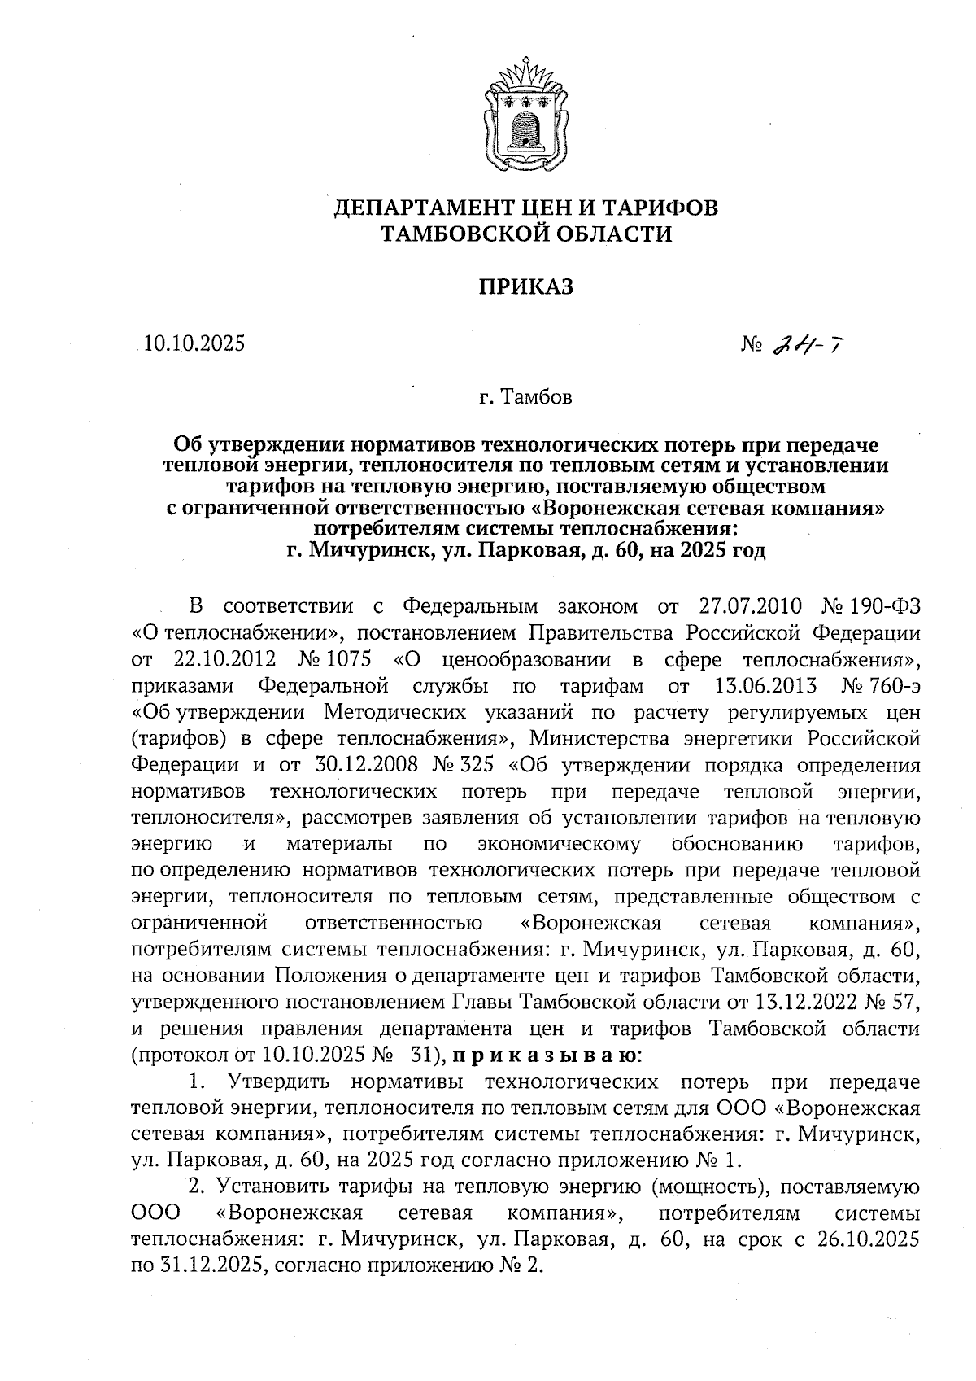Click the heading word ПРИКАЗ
pyautogui.click(x=525, y=286)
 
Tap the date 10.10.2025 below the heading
pyautogui.click(x=194, y=344)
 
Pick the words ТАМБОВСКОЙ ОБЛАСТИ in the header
pyautogui.click(x=527, y=235)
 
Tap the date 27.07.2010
pyautogui.click(x=751, y=606)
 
